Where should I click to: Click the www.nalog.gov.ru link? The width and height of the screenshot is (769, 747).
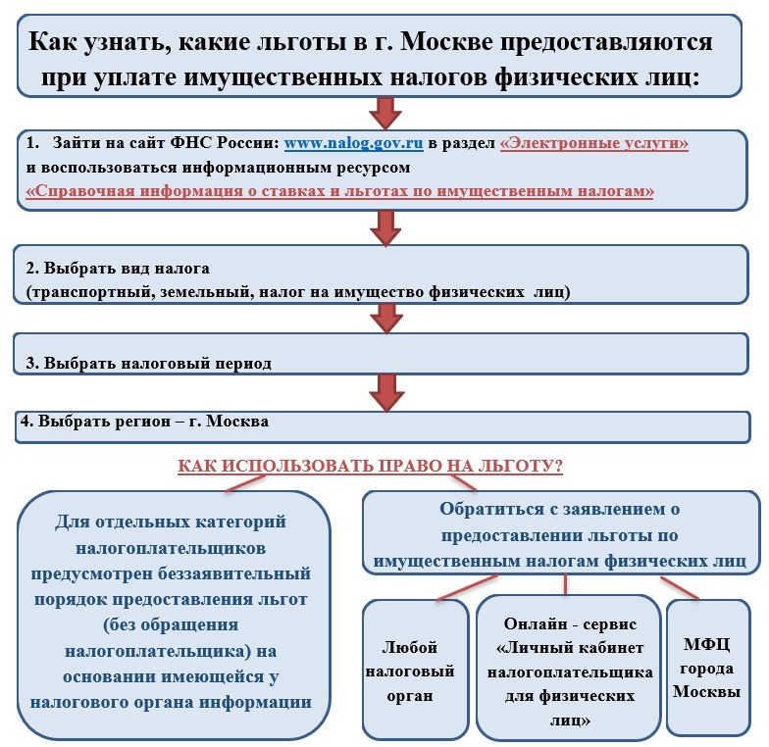(353, 143)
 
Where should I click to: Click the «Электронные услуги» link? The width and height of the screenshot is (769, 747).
(594, 143)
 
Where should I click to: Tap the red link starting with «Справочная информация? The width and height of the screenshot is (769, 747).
(339, 190)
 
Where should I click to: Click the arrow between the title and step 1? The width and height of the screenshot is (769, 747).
(385, 114)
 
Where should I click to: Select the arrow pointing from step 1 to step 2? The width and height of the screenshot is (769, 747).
(385, 228)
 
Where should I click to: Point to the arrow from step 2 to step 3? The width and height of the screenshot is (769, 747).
(386, 319)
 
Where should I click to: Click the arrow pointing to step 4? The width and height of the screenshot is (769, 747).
(386, 393)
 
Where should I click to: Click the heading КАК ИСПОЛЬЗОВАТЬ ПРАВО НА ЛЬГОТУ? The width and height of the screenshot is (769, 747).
(371, 466)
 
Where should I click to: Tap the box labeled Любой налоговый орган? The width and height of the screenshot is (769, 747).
(416, 669)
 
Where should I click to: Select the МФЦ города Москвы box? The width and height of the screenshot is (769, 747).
(708, 667)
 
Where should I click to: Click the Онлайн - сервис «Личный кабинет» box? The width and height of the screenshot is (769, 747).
(569, 668)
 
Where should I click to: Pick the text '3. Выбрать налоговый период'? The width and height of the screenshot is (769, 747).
(149, 363)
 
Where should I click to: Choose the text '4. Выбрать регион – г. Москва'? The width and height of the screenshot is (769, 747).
(144, 422)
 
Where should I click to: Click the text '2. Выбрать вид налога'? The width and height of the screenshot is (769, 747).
(118, 269)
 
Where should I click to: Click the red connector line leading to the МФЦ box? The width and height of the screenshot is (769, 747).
(680, 588)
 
